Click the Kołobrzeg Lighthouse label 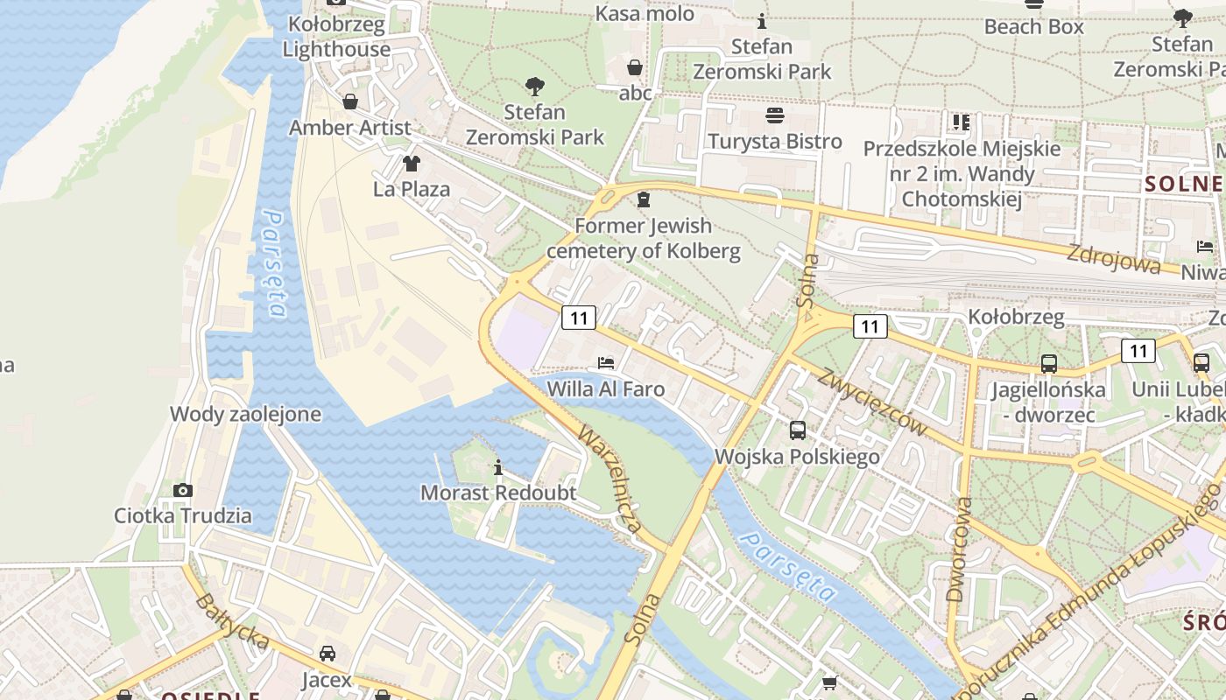click(x=336, y=37)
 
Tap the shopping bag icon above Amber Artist click(x=350, y=102)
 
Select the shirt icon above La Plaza click(x=411, y=163)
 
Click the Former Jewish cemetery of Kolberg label click(x=644, y=239)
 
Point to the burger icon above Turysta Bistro click(x=775, y=115)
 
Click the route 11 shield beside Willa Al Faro click(x=579, y=318)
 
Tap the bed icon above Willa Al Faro click(x=605, y=362)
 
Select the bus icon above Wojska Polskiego click(x=797, y=430)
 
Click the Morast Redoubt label click(x=498, y=493)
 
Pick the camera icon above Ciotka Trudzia click(x=182, y=490)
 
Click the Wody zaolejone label click(x=245, y=414)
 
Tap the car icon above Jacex click(x=327, y=654)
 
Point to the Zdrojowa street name click(x=1113, y=259)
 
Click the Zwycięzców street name click(x=872, y=401)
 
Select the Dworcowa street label click(x=960, y=549)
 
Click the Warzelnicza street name click(x=610, y=480)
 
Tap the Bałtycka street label click(x=231, y=623)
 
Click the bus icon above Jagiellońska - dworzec click(x=1048, y=363)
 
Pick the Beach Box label click(x=1033, y=26)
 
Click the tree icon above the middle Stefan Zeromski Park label click(x=534, y=86)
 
